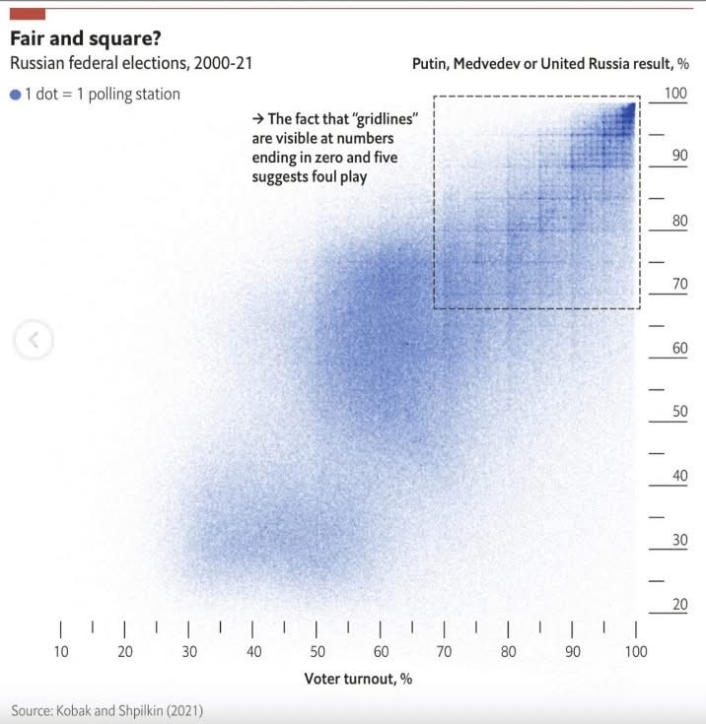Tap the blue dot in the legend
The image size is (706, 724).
(15, 95)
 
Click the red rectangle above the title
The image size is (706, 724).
(27, 14)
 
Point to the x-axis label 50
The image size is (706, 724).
(318, 651)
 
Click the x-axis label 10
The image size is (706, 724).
(61, 651)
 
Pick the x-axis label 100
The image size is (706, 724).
(636, 651)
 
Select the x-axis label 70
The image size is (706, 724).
(444, 651)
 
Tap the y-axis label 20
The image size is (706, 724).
(679, 604)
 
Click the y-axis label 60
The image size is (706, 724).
(679, 348)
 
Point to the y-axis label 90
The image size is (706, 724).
(679, 156)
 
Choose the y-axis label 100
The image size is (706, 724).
(675, 93)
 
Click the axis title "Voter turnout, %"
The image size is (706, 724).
(358, 679)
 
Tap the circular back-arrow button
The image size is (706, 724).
(34, 340)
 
